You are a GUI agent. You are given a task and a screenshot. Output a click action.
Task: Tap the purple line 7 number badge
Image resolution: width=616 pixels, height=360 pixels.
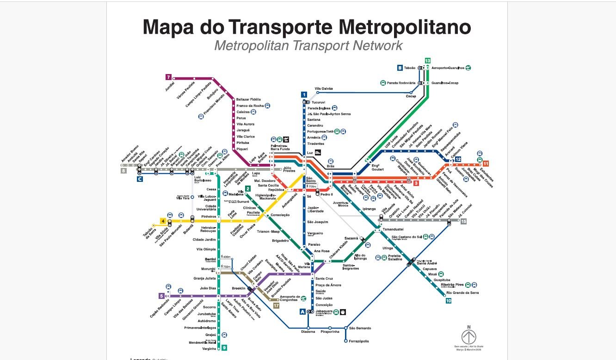point(168,77)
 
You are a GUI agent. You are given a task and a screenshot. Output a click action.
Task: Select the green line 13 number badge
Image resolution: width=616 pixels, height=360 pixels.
point(428,61)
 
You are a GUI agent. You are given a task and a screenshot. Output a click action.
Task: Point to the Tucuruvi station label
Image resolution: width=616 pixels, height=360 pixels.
point(319,102)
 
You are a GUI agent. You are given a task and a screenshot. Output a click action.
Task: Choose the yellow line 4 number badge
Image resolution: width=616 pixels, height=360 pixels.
point(163,221)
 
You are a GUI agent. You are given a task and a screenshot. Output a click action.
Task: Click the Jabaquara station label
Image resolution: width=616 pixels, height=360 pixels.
point(324,311)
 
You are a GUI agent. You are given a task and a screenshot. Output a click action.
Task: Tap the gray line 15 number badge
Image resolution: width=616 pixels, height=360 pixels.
point(463,222)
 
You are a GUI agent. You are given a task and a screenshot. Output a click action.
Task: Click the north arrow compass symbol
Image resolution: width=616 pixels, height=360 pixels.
point(468,336)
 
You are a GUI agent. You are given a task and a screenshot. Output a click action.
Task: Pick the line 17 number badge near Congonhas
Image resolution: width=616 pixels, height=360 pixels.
point(276,305)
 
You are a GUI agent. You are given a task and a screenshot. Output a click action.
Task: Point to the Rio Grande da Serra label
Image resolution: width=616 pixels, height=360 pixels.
point(463,292)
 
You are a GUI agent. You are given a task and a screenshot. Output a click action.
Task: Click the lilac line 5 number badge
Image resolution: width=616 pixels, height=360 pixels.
point(161,296)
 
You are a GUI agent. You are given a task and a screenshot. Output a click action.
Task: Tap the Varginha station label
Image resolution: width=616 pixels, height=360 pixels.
point(209,348)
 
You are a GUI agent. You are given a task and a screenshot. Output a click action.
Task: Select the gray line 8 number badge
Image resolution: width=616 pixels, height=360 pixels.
point(123,170)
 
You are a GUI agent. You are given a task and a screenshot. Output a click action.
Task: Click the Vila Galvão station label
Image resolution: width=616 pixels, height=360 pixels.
point(324,88)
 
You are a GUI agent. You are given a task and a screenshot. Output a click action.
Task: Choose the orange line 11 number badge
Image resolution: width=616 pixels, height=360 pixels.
point(486,163)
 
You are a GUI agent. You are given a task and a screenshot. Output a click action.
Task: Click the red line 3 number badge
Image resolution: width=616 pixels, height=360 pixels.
point(416,184)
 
